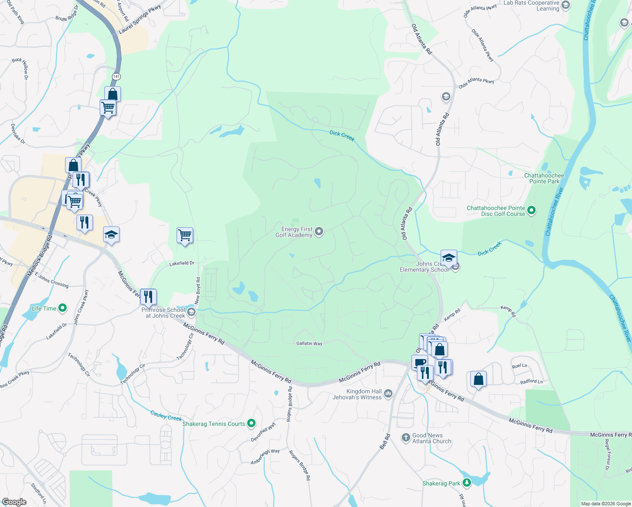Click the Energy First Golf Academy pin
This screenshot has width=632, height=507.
tap(319, 231)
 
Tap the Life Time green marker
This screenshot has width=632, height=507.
tap(63, 308)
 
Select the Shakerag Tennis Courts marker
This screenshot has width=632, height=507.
tap(251, 422)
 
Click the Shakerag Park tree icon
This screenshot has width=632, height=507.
tap(466, 482)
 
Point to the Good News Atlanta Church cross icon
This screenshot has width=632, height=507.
tap(406, 438)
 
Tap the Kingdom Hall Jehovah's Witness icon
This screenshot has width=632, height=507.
tap(388, 394)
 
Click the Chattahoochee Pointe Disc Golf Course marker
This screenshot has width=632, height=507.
tap(531, 210)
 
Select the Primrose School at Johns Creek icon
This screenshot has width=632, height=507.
tap(191, 312)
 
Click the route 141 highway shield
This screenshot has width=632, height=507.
tap(116, 76)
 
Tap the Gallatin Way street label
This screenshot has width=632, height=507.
tap(309, 343)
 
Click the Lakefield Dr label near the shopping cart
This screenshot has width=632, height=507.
tap(182, 263)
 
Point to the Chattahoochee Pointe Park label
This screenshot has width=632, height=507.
tap(544, 178)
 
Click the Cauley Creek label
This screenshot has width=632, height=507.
tap(166, 416)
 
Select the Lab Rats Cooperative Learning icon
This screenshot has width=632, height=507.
tap(566, 5)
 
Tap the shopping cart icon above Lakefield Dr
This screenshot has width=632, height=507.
tap(185, 235)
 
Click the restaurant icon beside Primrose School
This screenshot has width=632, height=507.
tap(148, 296)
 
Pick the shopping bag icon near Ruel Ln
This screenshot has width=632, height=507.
tap(478, 379)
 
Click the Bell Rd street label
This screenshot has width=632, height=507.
tap(385, 441)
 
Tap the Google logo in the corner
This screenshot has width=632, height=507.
tap(14, 502)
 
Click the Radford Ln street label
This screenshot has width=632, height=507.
tap(531, 382)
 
